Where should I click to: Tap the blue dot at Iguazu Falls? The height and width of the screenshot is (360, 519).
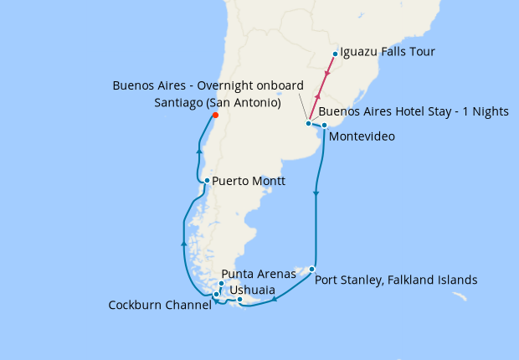335,54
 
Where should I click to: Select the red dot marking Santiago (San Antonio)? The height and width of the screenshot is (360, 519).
215,116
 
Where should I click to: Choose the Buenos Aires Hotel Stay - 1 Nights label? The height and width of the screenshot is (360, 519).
414,111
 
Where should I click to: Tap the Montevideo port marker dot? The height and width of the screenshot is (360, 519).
323,125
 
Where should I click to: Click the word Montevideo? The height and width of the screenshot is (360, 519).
362,136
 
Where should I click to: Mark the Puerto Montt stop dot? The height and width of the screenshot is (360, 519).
207,180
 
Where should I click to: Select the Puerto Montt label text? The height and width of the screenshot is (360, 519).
249,181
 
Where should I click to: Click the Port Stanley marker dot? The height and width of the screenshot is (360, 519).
311,269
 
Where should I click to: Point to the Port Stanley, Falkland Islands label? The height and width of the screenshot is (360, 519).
396,280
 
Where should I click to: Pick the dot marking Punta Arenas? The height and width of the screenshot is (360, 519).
221,284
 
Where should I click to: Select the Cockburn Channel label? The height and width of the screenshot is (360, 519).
160,306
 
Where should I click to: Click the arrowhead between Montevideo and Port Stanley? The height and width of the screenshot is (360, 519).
316,195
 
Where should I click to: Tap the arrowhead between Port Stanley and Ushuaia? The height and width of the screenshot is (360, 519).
275,298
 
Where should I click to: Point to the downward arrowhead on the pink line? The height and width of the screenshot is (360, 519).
326,75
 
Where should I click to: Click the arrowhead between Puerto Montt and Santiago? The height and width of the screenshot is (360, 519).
198,151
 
